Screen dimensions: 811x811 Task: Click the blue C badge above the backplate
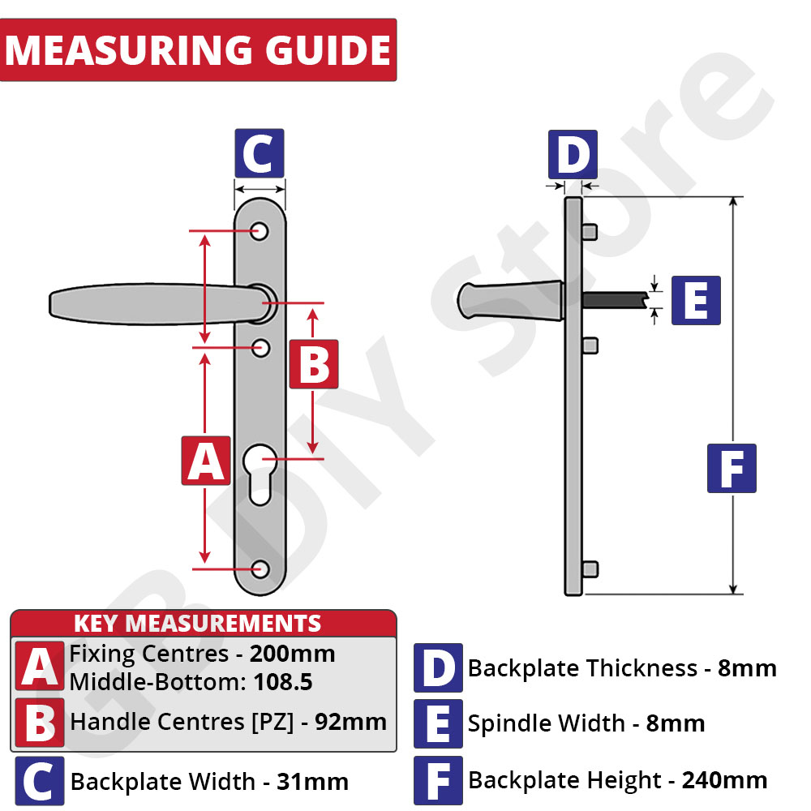[x=260, y=153]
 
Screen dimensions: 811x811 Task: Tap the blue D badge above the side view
[x=573, y=154]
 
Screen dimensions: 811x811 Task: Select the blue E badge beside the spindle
[x=696, y=301]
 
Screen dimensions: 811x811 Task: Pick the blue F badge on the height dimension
[x=732, y=468]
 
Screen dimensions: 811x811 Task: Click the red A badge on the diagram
[x=206, y=461]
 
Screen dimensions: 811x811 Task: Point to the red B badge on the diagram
[x=313, y=364]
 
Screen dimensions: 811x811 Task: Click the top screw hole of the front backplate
[x=260, y=231]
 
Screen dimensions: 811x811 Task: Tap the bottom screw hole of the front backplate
[x=260, y=569]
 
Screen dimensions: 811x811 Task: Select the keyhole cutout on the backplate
[x=260, y=474]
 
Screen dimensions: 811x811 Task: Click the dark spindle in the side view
[x=616, y=301]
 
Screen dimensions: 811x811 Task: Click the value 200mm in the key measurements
[x=292, y=654]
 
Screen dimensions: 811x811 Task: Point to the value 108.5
[x=283, y=682]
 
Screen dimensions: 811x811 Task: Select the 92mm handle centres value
[x=350, y=722]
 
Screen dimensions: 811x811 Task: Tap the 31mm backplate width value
[x=312, y=782]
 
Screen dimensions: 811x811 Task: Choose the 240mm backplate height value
[x=724, y=780]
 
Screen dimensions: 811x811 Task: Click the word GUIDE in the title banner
[x=328, y=50]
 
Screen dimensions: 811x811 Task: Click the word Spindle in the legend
[x=546, y=724]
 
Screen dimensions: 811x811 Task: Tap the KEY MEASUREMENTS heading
[x=198, y=624]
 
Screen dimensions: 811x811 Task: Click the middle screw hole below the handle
[x=260, y=348]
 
